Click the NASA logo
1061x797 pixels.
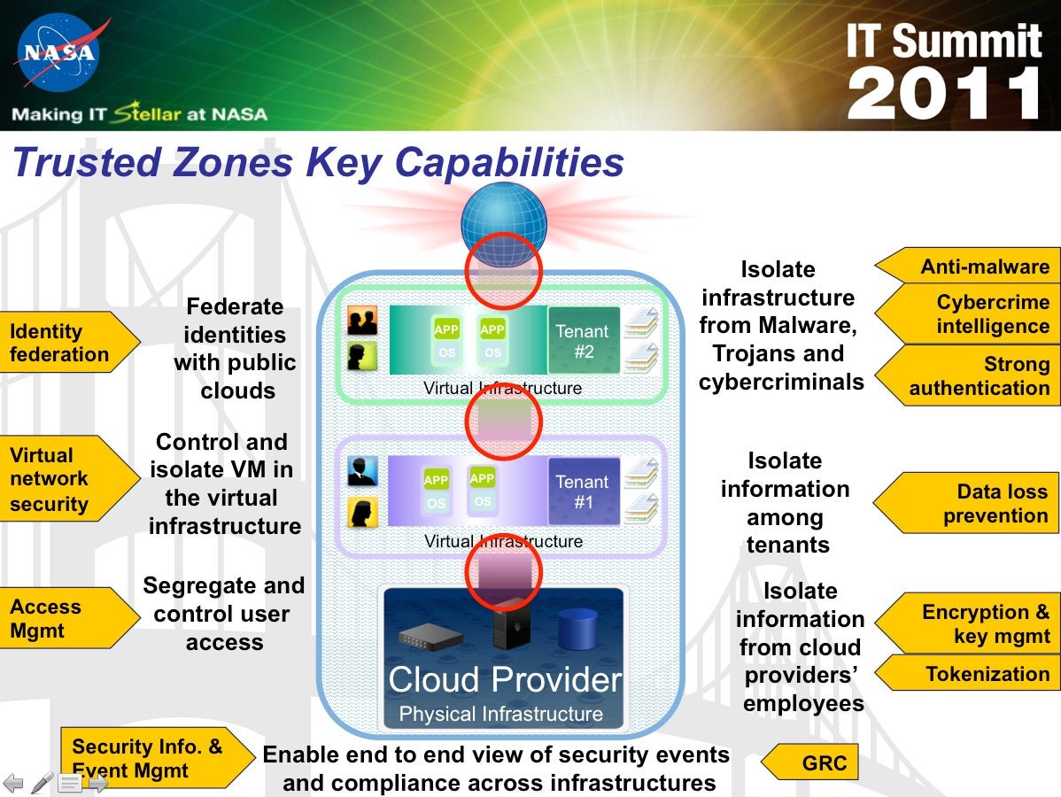click(x=59, y=53)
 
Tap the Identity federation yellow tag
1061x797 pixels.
click(x=67, y=343)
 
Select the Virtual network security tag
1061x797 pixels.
click(x=67, y=479)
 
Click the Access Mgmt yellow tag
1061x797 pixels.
click(x=67, y=618)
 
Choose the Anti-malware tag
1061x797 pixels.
click(x=969, y=266)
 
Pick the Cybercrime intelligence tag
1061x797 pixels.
click(x=969, y=313)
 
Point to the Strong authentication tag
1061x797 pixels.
click(x=969, y=375)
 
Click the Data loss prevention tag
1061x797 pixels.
click(x=968, y=503)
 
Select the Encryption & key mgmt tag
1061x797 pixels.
click(x=969, y=623)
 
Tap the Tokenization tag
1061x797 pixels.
click(x=969, y=673)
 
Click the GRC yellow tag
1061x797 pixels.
click(x=810, y=762)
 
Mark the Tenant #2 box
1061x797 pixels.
click(x=584, y=340)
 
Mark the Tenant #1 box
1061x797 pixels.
click(x=584, y=491)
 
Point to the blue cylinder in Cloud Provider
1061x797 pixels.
click(x=577, y=630)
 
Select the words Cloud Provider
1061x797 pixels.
click(x=505, y=679)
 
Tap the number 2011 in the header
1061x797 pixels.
click(x=945, y=94)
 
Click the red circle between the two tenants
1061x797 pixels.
click(x=503, y=422)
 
